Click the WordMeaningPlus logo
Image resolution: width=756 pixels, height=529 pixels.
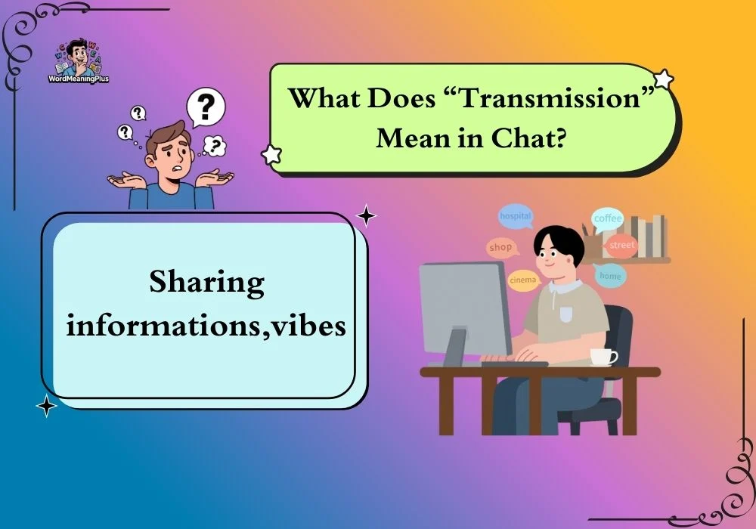79,61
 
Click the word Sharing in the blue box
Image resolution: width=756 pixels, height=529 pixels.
207,283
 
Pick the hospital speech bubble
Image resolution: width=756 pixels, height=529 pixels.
516,216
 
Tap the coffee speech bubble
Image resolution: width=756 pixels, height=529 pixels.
608,219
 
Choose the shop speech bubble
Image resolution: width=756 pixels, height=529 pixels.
501,247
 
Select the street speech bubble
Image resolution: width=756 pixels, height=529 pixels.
621,245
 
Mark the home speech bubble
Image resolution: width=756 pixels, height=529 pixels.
610,276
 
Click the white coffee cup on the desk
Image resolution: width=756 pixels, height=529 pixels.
603,357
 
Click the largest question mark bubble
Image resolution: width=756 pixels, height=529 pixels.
206,107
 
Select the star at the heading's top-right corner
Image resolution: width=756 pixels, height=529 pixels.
664,79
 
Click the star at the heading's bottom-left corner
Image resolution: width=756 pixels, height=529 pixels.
271,155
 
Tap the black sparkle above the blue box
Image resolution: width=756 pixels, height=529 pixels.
366,216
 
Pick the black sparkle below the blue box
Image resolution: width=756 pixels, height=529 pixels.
47,406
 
